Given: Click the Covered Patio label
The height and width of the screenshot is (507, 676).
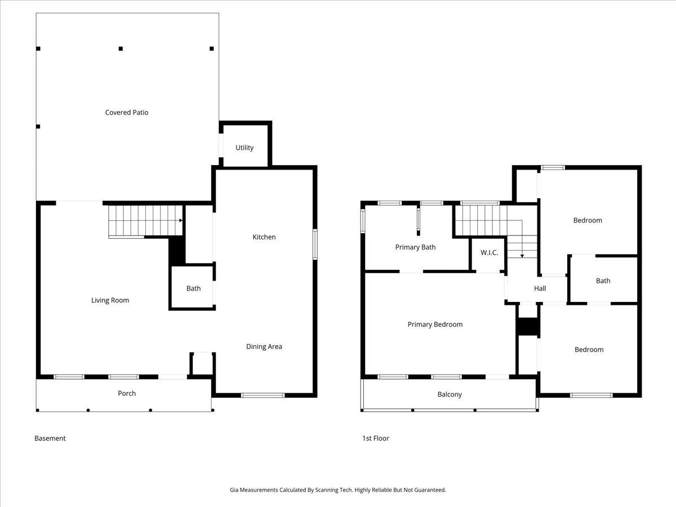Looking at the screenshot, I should point(127,113).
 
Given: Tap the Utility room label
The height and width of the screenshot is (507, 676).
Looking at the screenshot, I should point(244,148).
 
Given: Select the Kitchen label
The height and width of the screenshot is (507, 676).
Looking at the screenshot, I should point(264,237).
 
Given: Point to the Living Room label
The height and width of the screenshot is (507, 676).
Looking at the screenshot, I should point(110,300).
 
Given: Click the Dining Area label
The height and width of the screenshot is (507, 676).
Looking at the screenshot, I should point(264,346).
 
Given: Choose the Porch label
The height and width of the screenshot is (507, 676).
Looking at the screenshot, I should point(127,393).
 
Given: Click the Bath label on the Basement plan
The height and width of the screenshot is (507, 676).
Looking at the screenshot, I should point(193,288).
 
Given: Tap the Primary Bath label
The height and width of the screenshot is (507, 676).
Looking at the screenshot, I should point(415,247).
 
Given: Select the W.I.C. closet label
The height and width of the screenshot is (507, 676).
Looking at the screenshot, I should point(489,252).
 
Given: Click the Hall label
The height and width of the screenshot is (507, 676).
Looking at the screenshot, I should point(540,288).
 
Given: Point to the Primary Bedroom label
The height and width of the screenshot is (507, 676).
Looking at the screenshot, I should point(435,324).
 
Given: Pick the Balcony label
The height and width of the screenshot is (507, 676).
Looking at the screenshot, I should point(450,394).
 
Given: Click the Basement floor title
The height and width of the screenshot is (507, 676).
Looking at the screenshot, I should point(50,438).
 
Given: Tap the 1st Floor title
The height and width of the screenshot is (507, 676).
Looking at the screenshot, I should point(376,438).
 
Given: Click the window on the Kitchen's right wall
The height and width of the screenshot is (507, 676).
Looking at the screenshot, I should point(315,244).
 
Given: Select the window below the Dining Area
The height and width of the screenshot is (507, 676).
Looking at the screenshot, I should point(263,395).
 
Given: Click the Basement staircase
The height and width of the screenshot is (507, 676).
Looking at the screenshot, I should point(145,221).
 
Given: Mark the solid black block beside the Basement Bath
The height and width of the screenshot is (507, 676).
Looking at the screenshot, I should point(177,250).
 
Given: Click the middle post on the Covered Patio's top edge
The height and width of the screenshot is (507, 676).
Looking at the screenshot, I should point(121,49).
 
